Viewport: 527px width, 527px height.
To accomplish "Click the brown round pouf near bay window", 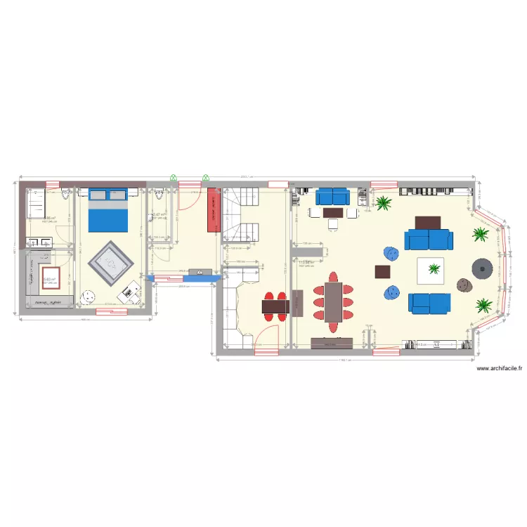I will click(464, 285).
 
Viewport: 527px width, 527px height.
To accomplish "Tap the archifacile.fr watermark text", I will click(499, 368).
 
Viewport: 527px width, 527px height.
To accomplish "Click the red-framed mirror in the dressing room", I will click(50, 278).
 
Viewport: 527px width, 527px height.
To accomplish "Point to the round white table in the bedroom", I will click(89, 297).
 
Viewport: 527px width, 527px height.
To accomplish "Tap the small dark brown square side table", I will click(383, 271).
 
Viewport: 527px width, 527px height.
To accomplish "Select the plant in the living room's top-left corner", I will click(383, 204).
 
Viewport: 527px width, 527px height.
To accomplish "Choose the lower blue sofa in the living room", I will click(430, 303).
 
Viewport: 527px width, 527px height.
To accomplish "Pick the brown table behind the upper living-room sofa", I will click(427, 222).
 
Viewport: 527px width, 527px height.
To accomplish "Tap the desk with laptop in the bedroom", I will click(129, 292).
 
